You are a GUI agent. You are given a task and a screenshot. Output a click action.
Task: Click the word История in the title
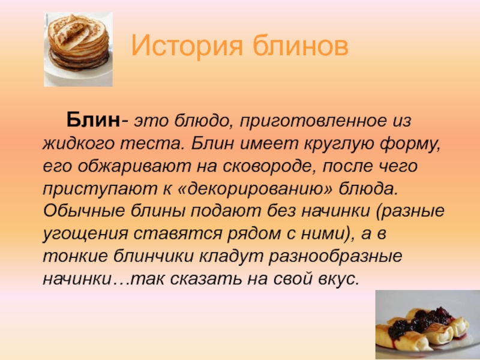[x=187, y=46]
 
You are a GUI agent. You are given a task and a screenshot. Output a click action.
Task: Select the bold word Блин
[x=93, y=119]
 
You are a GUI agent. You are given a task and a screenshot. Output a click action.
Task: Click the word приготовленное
[x=313, y=121]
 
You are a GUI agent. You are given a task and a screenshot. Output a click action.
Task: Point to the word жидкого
[x=77, y=143]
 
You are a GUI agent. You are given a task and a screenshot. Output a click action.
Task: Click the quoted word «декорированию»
[x=254, y=189]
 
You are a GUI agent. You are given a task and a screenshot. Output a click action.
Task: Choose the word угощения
[x=85, y=234]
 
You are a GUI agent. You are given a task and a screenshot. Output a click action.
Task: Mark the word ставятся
[x=178, y=233]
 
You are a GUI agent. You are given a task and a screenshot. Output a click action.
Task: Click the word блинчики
[x=154, y=256]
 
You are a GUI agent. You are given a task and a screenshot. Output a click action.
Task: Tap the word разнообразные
[x=335, y=257]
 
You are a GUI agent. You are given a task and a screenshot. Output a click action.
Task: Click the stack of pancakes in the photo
[x=79, y=40]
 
